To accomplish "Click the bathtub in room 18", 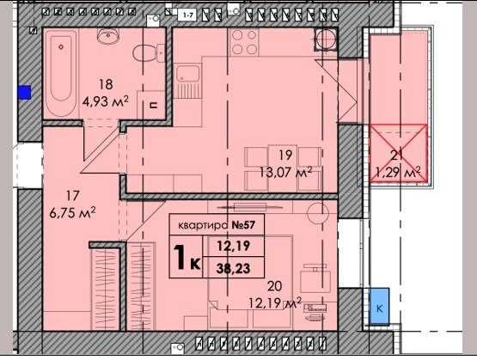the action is click(x=61, y=73).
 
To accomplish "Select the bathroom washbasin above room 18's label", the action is click(x=107, y=36).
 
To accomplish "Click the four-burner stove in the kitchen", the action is click(x=244, y=42).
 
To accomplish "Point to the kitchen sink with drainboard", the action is click(x=188, y=81).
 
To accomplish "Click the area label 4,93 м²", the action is click(x=105, y=101).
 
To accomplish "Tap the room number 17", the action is click(x=72, y=196).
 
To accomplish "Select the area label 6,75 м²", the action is click(x=72, y=213).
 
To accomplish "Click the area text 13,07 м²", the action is click(x=286, y=173).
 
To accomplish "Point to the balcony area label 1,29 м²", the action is click(x=398, y=173).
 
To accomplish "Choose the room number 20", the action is click(x=274, y=286).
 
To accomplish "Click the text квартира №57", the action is click(x=217, y=225).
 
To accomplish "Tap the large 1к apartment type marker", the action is click(x=187, y=257).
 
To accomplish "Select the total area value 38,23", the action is click(x=233, y=268).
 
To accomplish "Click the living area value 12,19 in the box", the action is click(x=233, y=246).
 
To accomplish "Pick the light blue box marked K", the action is click(x=379, y=306).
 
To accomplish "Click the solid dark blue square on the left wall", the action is click(x=24, y=92).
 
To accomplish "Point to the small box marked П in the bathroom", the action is click(x=154, y=105).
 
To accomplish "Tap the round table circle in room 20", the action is click(x=318, y=213).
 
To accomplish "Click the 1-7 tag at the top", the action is click(x=189, y=15).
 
